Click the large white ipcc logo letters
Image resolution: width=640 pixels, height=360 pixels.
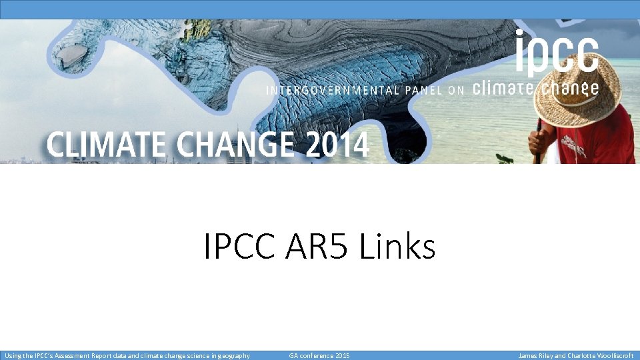click(x=557, y=53)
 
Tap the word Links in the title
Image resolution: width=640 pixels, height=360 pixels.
click(x=397, y=247)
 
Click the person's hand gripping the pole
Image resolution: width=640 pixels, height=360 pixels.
click(x=537, y=141)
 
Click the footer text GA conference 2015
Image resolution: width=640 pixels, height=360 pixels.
click(x=319, y=356)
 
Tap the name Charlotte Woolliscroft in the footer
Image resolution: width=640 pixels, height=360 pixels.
click(x=600, y=356)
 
